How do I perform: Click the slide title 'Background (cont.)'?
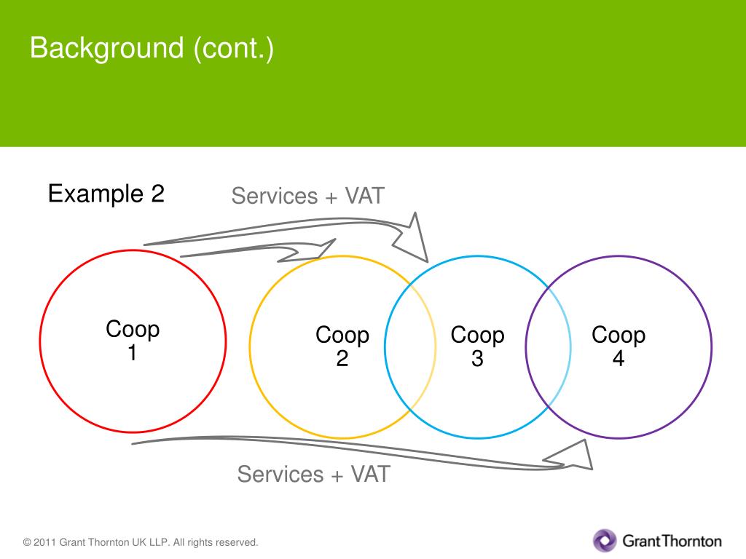[x=152, y=49]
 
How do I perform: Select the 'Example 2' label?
[x=106, y=194]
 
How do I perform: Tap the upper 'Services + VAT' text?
[x=307, y=196]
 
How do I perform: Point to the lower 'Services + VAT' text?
[x=313, y=474]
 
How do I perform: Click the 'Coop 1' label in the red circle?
[x=133, y=340]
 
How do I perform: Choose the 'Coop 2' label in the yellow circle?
[x=342, y=346]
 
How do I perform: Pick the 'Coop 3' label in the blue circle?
[x=477, y=346]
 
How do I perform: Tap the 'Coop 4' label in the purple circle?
[x=618, y=346]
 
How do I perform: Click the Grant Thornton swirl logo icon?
[x=605, y=540]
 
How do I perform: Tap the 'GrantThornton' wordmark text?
[x=672, y=541]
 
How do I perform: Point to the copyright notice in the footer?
[x=141, y=542]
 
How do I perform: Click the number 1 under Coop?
[x=133, y=353]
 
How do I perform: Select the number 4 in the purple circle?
[x=618, y=358]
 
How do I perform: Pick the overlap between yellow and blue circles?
[x=411, y=346]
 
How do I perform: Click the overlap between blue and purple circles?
[x=548, y=346]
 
